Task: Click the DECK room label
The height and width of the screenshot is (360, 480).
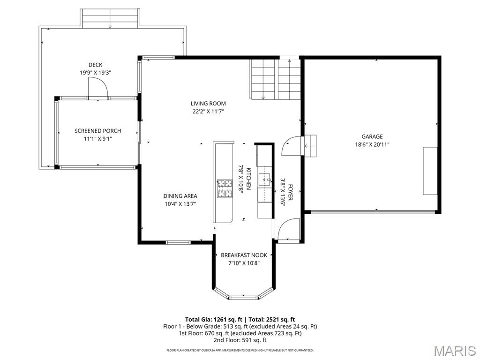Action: click(95, 65)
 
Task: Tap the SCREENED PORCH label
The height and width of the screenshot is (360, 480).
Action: click(97, 131)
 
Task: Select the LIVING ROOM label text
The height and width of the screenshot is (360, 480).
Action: click(208, 104)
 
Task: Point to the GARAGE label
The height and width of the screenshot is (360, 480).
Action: click(372, 136)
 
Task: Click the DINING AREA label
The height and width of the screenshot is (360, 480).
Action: click(180, 196)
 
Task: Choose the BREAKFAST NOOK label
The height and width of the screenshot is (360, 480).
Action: click(244, 255)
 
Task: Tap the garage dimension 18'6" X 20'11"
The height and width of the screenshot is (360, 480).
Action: click(372, 144)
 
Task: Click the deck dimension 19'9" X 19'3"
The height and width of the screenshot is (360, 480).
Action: click(95, 73)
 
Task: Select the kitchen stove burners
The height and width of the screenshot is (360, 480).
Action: click(225, 188)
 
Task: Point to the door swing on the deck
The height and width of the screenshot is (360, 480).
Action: click(98, 88)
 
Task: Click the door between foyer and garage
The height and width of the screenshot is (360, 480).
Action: click(291, 146)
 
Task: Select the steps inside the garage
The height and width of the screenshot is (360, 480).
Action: click(310, 146)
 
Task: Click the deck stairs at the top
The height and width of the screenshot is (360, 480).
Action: click(110, 19)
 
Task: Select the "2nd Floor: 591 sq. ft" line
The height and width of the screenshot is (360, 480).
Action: click(240, 340)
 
